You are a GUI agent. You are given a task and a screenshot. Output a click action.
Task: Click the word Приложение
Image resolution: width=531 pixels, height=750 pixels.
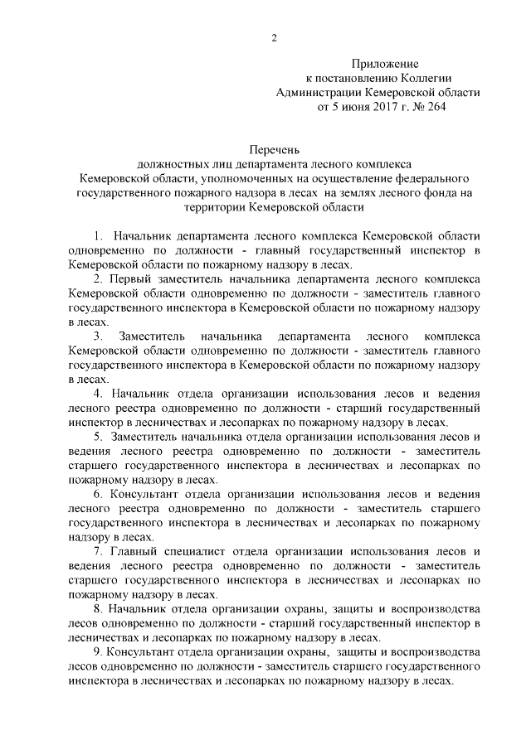point(386,64)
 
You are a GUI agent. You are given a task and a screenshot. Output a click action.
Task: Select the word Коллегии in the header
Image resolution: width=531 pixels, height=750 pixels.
point(413,78)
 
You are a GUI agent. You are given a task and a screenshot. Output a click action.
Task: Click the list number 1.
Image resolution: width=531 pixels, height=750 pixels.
point(99,236)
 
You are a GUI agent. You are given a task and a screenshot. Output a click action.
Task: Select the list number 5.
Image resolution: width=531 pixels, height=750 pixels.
point(97,436)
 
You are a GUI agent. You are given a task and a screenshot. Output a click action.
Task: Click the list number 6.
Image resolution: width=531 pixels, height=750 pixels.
point(97,493)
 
